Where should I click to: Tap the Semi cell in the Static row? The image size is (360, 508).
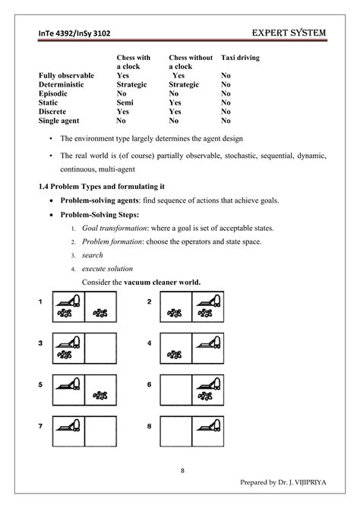(x=125, y=102)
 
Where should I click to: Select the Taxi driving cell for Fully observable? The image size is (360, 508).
(x=226, y=76)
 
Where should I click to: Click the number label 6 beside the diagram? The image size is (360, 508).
(x=150, y=383)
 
